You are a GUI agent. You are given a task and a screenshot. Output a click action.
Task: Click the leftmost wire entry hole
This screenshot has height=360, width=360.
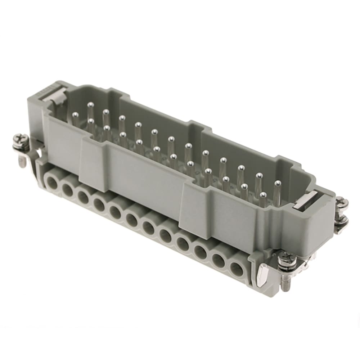52,179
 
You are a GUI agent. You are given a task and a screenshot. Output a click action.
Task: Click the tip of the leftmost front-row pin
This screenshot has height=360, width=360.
75,115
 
